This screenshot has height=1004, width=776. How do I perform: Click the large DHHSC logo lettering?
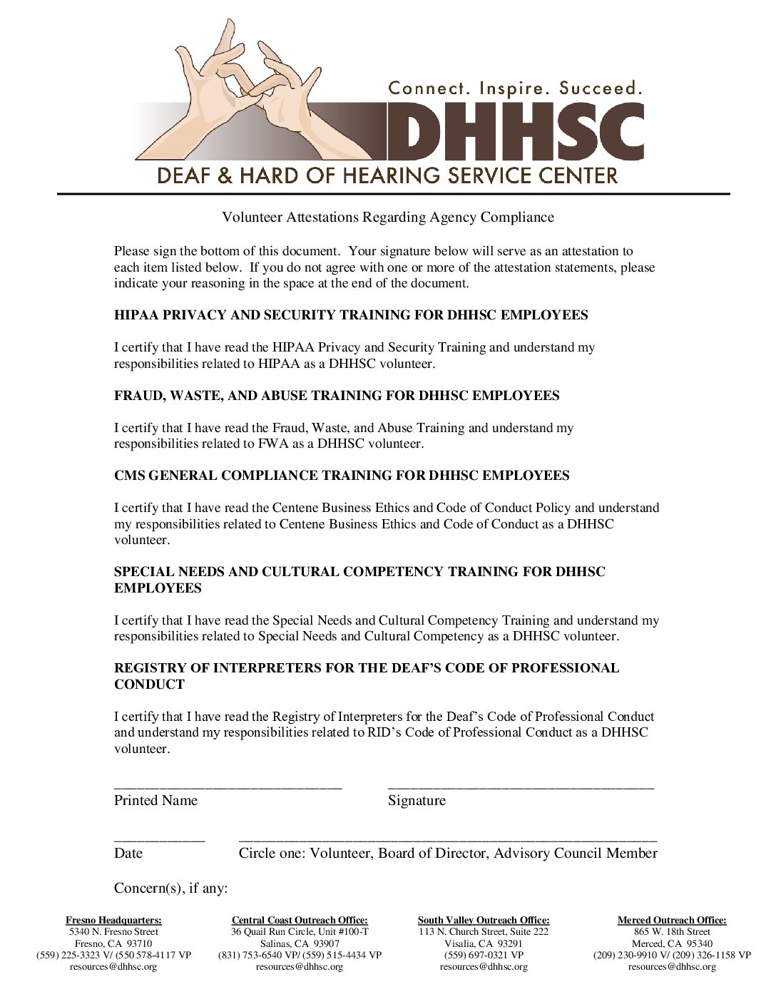[x=514, y=131]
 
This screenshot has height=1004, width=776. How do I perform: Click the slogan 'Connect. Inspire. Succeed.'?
[x=515, y=88]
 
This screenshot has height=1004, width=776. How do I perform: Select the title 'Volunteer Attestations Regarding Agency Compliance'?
[x=388, y=217]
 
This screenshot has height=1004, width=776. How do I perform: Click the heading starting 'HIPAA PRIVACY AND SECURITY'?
[x=351, y=315]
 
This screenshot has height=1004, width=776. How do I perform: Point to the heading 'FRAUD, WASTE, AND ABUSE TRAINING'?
[x=337, y=395]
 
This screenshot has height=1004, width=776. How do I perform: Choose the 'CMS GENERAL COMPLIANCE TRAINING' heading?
[x=342, y=475]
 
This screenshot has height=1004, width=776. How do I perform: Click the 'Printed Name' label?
[x=155, y=800]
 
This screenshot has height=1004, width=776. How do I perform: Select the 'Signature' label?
[x=417, y=800]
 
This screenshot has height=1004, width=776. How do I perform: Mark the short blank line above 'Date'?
[x=159, y=841]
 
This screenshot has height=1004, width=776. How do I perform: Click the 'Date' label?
[x=128, y=853]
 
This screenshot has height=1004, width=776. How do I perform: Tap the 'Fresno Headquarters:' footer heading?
[x=113, y=921]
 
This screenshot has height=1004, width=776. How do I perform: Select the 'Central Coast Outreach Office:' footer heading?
[x=300, y=921]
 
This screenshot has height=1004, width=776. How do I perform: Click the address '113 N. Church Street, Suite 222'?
[x=484, y=932]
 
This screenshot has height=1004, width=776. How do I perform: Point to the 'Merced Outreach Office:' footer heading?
[x=672, y=921]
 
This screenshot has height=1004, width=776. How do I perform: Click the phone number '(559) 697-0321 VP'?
[x=484, y=955]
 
